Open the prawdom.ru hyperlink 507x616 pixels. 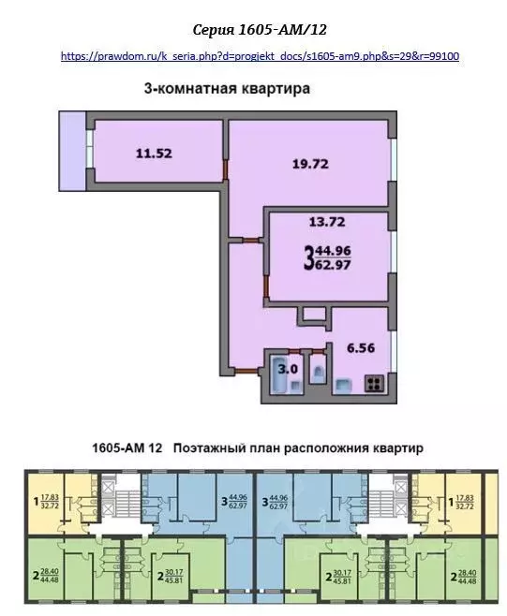pos(259,56)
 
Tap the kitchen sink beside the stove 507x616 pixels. pos(344,383)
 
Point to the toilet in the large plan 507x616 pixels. pos(319,373)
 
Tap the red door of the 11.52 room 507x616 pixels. pos(225,169)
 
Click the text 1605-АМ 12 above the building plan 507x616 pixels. pos(127,448)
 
